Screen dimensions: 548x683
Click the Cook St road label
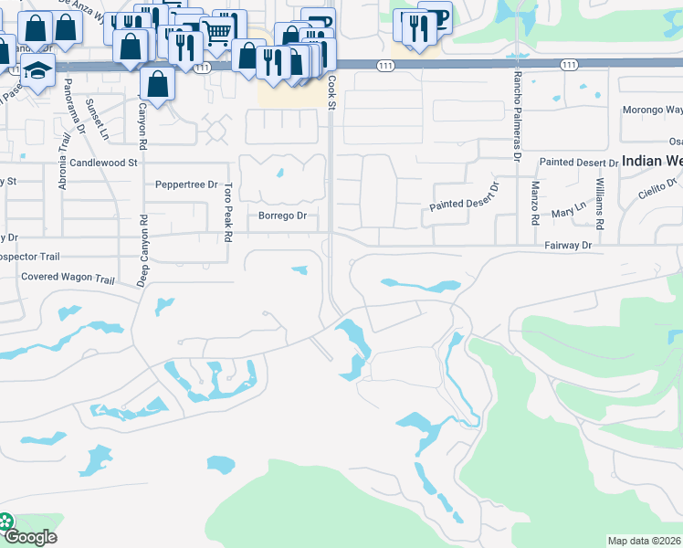tap(332, 94)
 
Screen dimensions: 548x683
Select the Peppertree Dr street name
tap(186, 184)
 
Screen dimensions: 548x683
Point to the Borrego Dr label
tap(282, 216)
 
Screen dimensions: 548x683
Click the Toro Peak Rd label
tap(227, 212)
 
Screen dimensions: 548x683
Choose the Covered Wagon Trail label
tap(68, 277)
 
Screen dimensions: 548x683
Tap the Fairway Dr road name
tap(568, 246)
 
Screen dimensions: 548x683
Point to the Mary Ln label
tap(567, 214)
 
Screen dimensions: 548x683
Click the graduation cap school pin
tap(38, 69)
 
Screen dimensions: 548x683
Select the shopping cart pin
tap(216, 35)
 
